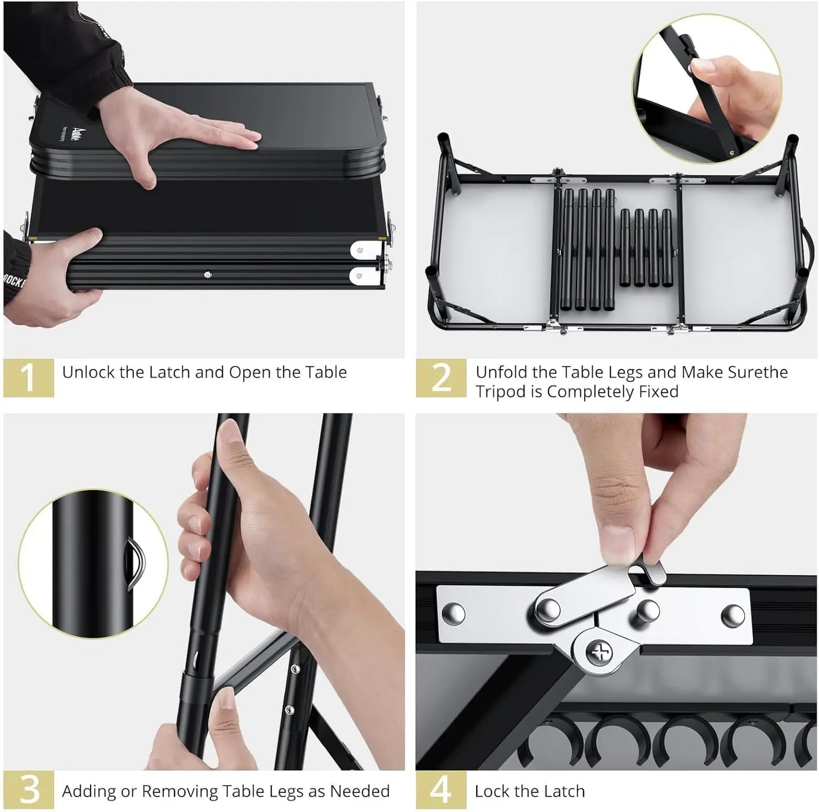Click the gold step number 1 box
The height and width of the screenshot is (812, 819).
28,377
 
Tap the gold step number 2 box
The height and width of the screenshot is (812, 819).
441,377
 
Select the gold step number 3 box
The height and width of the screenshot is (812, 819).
28,789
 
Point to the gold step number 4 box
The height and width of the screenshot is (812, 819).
441,789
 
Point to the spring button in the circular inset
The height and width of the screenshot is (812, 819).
135,564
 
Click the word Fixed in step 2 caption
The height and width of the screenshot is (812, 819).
657,391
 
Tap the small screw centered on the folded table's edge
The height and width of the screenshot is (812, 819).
207,274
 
